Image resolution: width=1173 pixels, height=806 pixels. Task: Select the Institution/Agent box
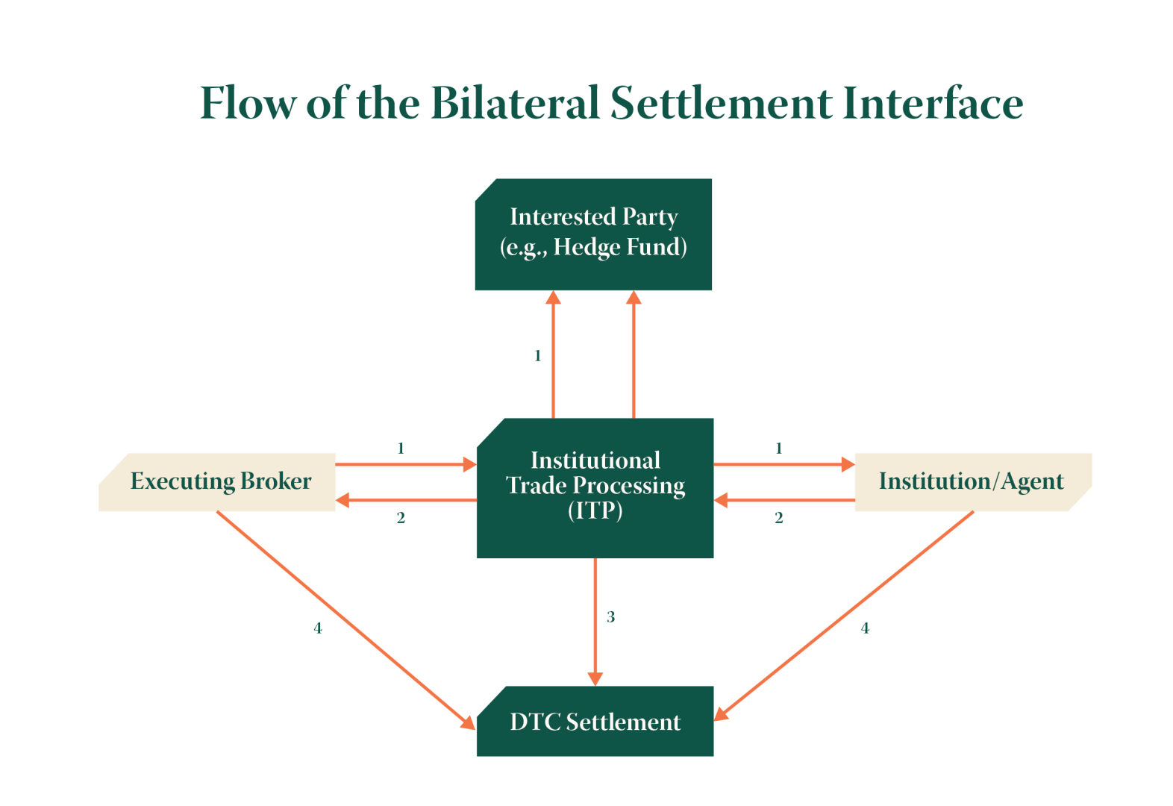972,482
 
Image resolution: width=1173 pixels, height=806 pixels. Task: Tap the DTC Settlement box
595,722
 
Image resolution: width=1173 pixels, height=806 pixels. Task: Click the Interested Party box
593,233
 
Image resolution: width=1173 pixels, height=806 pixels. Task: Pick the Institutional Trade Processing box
595,487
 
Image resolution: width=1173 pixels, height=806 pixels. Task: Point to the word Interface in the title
932,103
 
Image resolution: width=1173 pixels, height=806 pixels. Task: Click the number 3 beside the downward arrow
610,617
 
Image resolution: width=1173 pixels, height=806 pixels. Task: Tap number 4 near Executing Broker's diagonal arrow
318,628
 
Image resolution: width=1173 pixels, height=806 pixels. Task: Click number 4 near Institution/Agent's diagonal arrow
865,628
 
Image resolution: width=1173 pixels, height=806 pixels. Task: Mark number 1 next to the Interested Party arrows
537,356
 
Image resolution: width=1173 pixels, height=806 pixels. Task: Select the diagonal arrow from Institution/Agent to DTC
844,616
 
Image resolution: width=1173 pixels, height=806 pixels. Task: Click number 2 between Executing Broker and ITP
401,518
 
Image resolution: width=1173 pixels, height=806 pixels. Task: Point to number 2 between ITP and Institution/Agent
779,518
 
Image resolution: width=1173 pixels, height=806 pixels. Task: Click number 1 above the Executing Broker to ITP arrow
401,449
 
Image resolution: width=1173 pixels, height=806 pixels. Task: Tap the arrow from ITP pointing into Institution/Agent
783,464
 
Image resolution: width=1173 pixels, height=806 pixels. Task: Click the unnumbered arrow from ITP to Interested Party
634,354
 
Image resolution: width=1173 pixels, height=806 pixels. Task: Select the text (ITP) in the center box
595,511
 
